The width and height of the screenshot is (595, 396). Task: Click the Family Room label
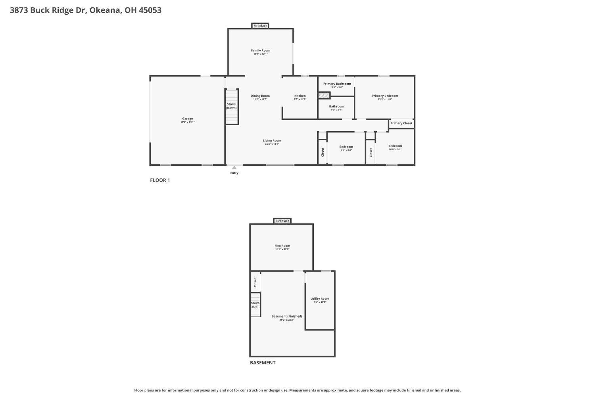[x=260, y=51]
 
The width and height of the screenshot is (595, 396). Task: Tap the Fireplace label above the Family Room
[x=260, y=26]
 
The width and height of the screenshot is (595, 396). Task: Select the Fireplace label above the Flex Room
[x=282, y=221]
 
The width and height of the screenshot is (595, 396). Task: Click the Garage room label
[x=187, y=119]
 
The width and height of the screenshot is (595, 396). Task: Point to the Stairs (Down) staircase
[x=232, y=106]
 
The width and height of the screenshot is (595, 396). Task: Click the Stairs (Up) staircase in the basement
[x=255, y=304]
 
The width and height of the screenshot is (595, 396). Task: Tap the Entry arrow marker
[x=234, y=168]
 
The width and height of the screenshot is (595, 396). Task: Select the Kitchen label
[x=300, y=96]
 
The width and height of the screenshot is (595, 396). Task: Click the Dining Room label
[x=260, y=96]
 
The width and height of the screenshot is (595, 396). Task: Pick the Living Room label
[x=272, y=141]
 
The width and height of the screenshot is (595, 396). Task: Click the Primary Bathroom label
[x=337, y=84]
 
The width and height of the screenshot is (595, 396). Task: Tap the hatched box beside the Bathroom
[x=324, y=96]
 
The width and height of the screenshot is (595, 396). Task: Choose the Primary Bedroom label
[x=384, y=96]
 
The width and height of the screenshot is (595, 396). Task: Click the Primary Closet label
[x=401, y=123]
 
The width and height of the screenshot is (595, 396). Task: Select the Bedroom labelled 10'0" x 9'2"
[x=395, y=146]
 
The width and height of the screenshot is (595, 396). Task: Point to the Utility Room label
[x=320, y=299]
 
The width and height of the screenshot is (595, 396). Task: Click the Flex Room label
[x=282, y=246]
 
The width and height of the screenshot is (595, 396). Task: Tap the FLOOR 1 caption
[x=160, y=180]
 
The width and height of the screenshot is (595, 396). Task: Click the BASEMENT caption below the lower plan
[x=262, y=363]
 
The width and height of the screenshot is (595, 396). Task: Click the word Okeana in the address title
[x=105, y=10]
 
